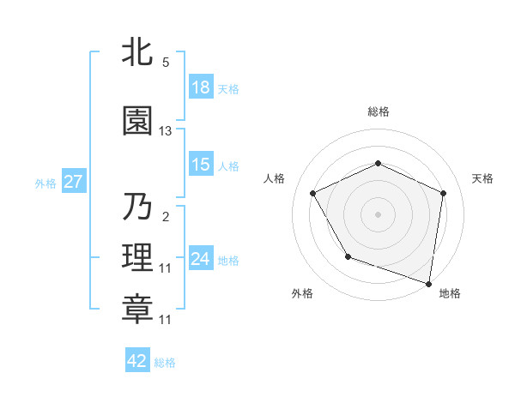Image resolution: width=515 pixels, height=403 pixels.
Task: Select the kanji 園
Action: tap(138, 121)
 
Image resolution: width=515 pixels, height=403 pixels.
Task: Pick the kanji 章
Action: tap(138, 310)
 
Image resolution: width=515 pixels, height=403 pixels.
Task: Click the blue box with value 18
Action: tap(201, 87)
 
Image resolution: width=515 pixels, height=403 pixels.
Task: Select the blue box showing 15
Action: tap(201, 165)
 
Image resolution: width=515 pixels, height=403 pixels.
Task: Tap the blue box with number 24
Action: tap(201, 259)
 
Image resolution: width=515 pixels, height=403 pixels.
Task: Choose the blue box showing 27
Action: tap(72, 182)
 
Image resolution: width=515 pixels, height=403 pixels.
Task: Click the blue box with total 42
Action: tap(137, 361)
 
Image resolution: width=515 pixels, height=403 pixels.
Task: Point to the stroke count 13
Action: tap(166, 131)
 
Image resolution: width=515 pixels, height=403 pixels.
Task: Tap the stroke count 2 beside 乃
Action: tap(165, 217)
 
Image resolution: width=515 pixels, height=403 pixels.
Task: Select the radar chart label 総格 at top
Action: tap(379, 111)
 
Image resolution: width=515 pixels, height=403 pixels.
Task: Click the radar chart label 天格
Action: tap(482, 178)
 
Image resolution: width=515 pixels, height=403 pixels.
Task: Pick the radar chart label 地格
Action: tap(450, 293)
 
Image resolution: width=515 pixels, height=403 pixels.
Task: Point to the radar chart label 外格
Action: tap(302, 293)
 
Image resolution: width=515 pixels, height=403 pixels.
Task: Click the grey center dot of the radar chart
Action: tap(378, 214)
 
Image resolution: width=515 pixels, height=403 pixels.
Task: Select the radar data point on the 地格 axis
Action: tap(428, 283)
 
